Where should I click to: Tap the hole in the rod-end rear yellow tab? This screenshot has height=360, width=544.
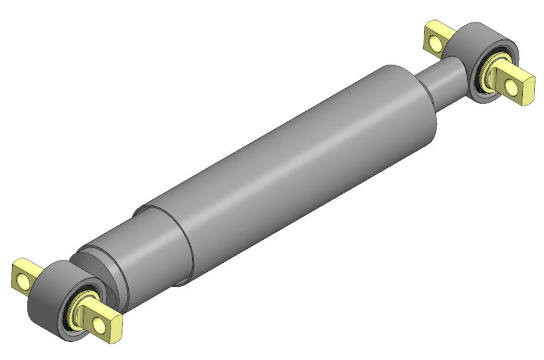tap(433, 41)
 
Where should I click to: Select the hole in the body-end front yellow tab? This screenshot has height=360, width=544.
tap(99, 325)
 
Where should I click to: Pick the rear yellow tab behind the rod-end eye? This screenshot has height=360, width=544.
tap(436, 37)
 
